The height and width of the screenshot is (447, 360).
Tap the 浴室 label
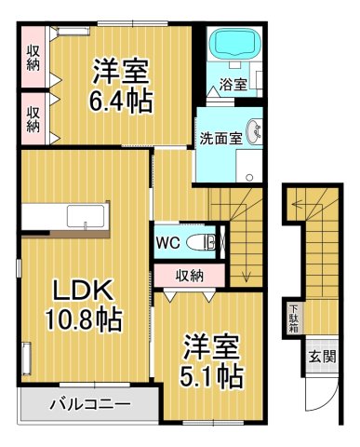(x=233, y=85)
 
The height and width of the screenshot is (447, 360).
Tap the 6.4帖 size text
(x=121, y=98)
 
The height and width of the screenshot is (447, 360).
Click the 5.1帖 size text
(x=212, y=374)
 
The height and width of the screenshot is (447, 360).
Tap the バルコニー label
(x=88, y=405)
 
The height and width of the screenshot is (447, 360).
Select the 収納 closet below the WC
(x=193, y=275)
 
